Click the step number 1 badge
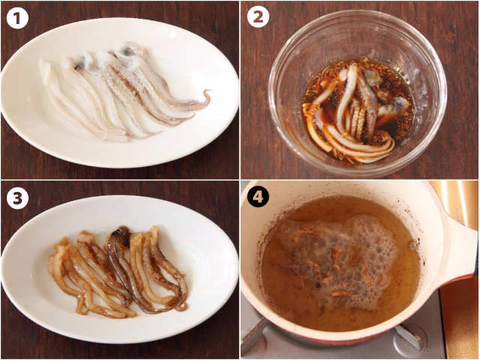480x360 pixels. (x=17, y=18)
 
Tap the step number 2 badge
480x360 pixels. (x=258, y=16)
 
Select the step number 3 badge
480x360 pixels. (x=17, y=198)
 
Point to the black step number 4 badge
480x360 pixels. (x=258, y=196)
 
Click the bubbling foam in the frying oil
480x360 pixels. (x=340, y=260)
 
